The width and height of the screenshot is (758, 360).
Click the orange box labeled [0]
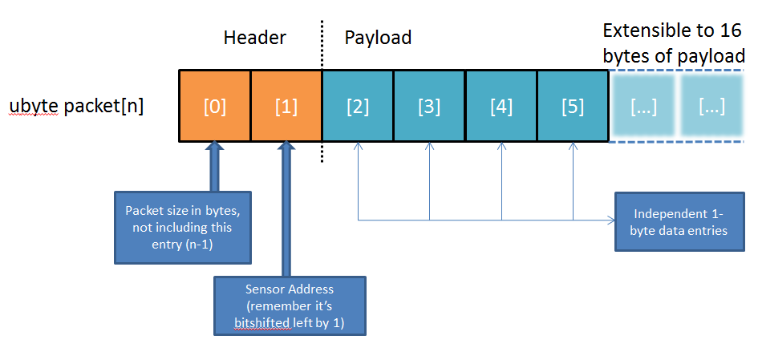214,107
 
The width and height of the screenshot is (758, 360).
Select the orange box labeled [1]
286,107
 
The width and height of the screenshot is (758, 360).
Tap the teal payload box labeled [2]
358,107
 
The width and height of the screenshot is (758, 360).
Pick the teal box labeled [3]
429,107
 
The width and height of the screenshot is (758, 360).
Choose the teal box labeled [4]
501,107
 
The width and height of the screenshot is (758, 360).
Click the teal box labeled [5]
573,107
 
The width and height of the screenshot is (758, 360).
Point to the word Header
254,38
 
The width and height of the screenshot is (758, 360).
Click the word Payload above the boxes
378,38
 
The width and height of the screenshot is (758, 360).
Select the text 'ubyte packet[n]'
77,107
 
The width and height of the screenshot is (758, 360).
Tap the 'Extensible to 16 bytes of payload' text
674,44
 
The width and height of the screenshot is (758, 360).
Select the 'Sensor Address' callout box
290,305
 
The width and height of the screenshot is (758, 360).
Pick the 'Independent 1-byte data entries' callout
680,222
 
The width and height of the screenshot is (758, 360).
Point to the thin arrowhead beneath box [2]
358,148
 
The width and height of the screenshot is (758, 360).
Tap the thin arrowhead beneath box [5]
573,148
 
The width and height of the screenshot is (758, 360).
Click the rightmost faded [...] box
711,107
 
